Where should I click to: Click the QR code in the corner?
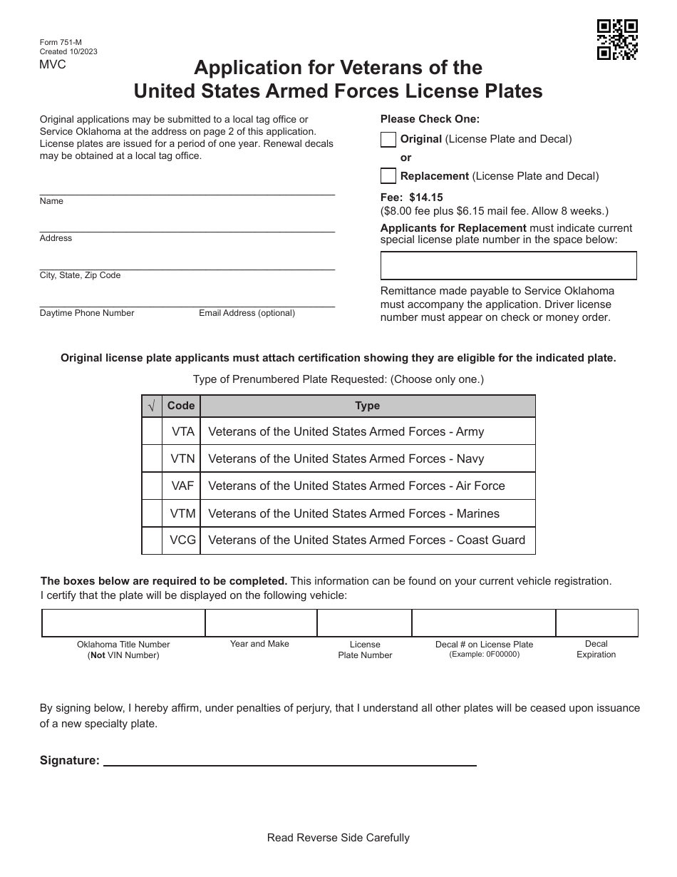(617, 39)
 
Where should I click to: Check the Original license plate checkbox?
(388, 140)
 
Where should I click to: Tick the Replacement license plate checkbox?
(388, 175)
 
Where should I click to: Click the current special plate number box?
(508, 266)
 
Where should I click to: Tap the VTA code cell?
(182, 431)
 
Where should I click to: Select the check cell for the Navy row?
(152, 458)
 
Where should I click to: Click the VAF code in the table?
(182, 486)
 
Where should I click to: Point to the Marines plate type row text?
(353, 513)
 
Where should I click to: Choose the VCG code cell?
(182, 540)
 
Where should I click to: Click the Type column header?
(367, 406)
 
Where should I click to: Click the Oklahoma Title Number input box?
(123, 622)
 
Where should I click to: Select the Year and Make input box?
(261, 622)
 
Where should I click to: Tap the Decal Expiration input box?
(596, 622)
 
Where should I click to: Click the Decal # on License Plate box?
(483, 622)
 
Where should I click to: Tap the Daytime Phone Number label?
(87, 313)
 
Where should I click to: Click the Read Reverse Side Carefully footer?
(338, 838)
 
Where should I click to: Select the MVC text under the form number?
(53, 65)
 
